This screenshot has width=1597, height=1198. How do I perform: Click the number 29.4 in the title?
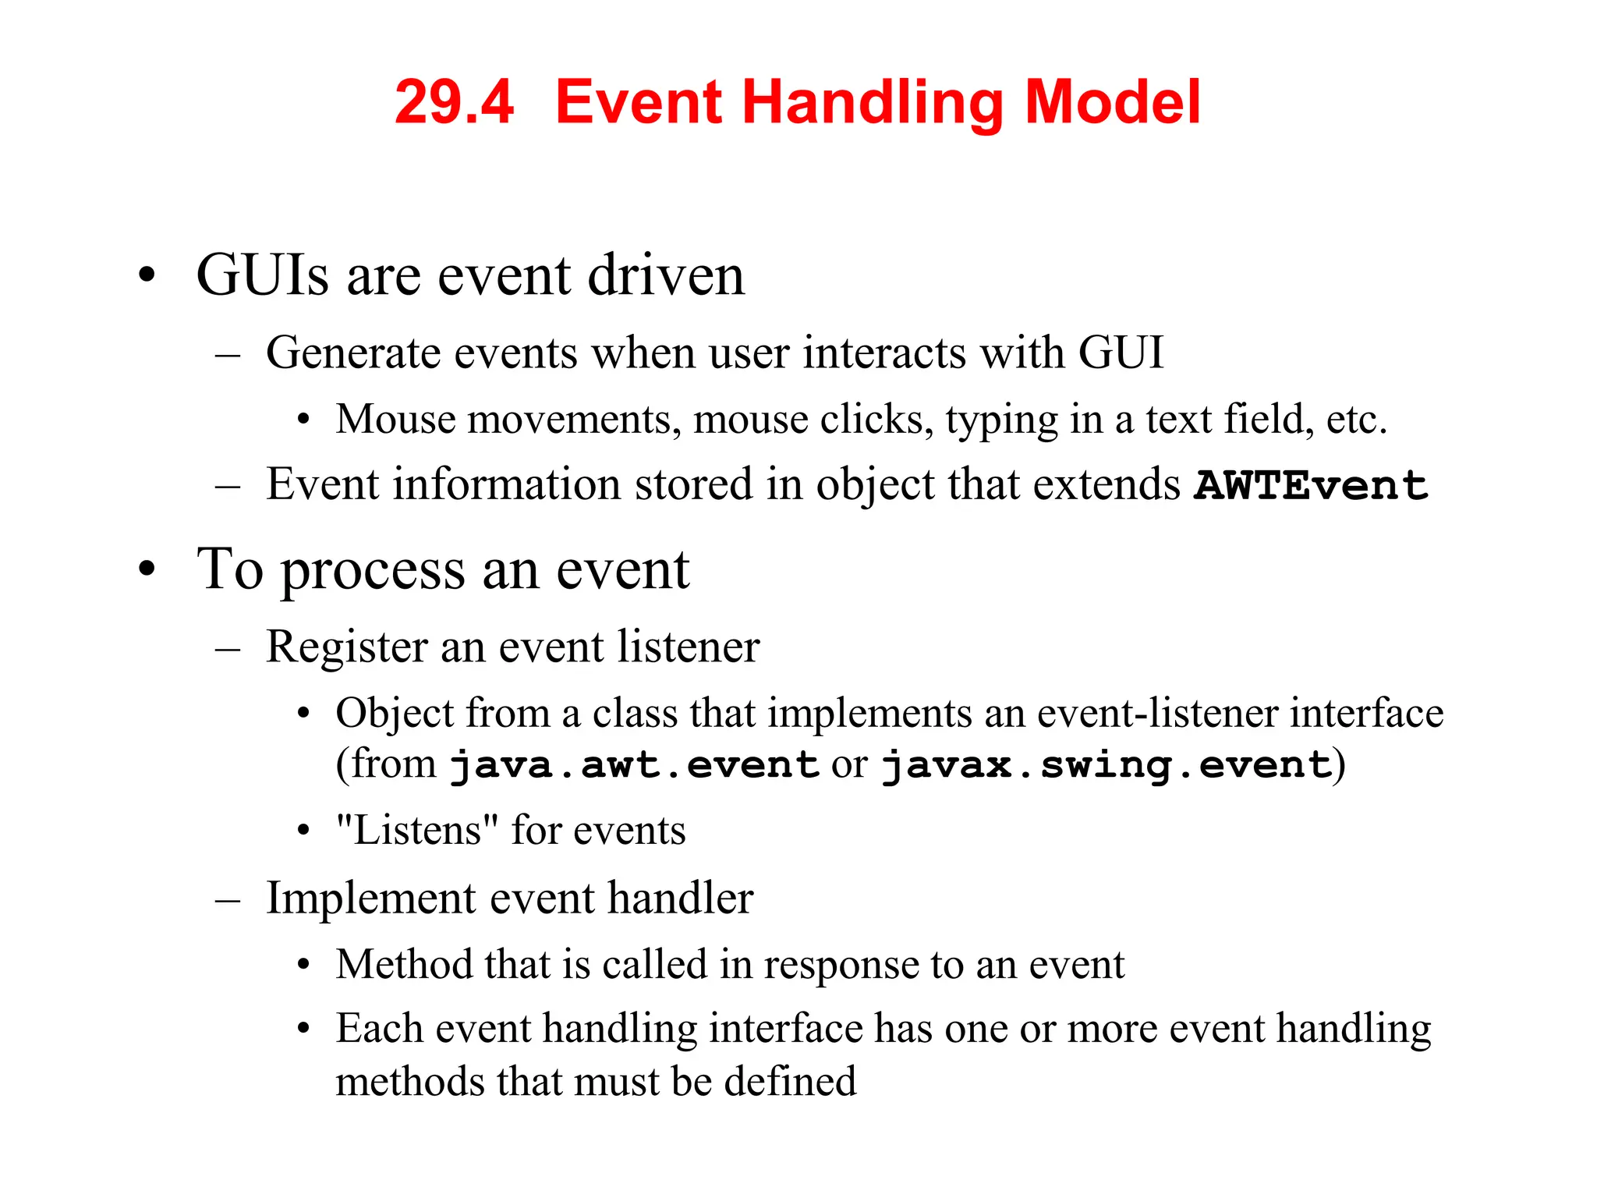454,102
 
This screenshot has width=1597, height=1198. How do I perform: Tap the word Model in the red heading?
1112,102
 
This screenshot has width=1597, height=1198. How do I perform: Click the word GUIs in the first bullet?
262,276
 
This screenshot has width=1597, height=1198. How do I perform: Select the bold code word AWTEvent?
1311,486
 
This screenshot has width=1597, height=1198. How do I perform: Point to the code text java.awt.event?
633,765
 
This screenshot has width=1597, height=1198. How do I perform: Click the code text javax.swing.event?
1106,765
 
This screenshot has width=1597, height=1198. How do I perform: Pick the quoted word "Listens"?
417,830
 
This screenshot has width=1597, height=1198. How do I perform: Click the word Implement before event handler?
370,898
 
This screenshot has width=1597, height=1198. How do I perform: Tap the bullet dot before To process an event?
147,570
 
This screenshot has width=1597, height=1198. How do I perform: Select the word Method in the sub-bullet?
404,965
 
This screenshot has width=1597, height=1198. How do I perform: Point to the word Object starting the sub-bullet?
395,714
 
